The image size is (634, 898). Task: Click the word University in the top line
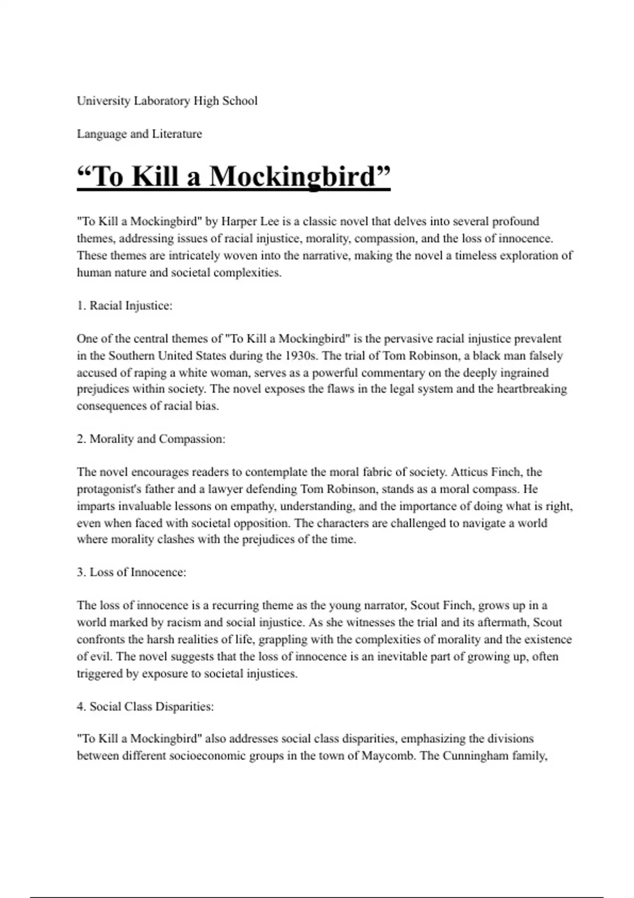[104, 101]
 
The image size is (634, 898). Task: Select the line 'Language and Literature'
[139, 134]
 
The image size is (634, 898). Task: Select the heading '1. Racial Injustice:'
[125, 306]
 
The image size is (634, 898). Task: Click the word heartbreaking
[532, 389]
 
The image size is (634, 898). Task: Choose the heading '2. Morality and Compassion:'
[151, 439]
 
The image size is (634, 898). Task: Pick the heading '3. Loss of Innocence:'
[132, 573]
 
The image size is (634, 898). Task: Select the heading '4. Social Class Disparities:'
[145, 707]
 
